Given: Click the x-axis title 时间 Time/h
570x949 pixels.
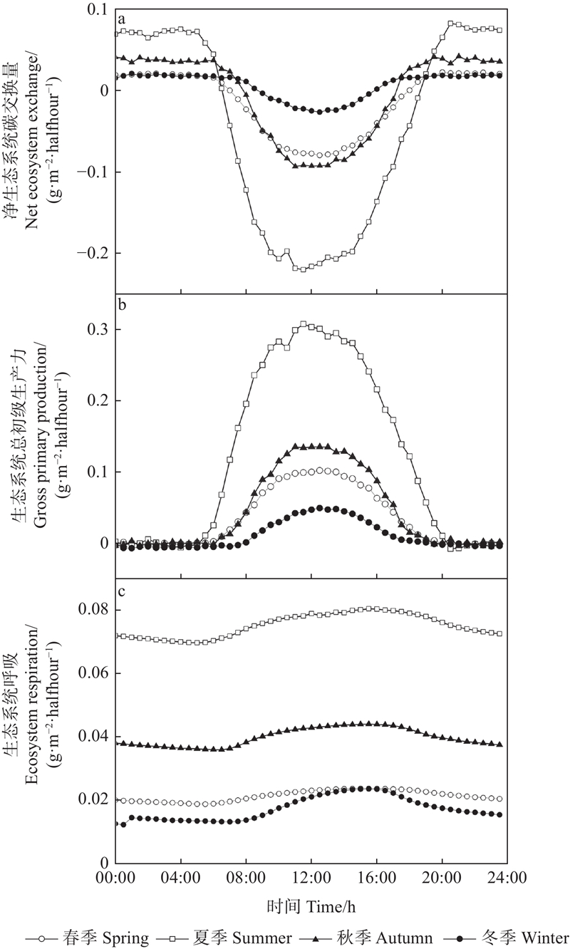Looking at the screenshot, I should point(311,907).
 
